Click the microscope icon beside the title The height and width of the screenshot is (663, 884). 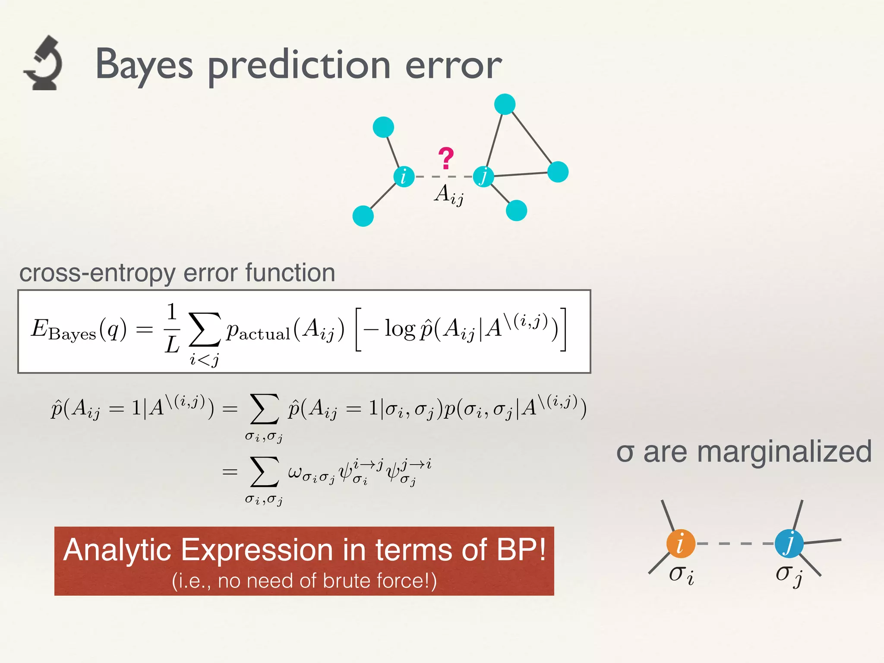point(43,63)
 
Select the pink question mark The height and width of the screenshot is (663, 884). point(446,158)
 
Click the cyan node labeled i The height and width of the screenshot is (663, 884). point(404,177)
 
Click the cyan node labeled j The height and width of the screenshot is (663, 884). point(483,177)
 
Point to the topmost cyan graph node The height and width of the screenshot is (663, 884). point(505,104)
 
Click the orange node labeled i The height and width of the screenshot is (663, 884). point(681,543)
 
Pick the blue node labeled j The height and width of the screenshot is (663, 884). point(789,543)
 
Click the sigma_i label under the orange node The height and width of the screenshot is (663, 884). point(681,575)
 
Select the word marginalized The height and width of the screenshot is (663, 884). point(784,452)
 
